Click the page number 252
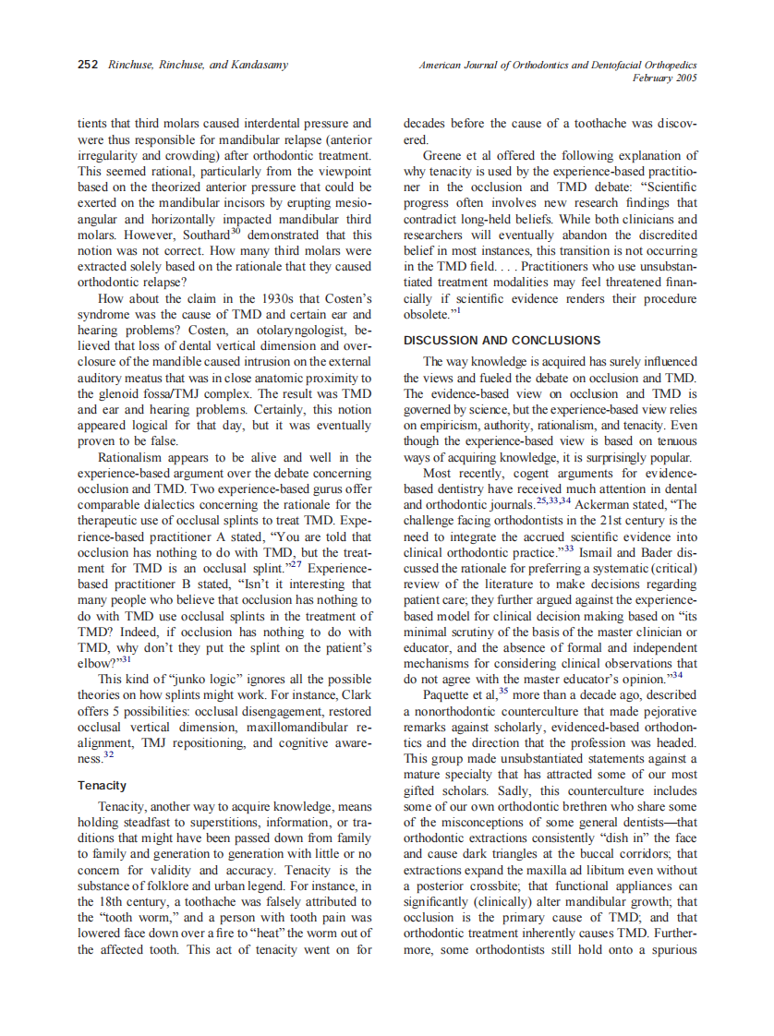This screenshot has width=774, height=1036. click(88, 65)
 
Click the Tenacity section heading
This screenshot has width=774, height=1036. click(103, 785)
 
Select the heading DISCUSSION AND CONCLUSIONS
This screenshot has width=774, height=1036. click(502, 341)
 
